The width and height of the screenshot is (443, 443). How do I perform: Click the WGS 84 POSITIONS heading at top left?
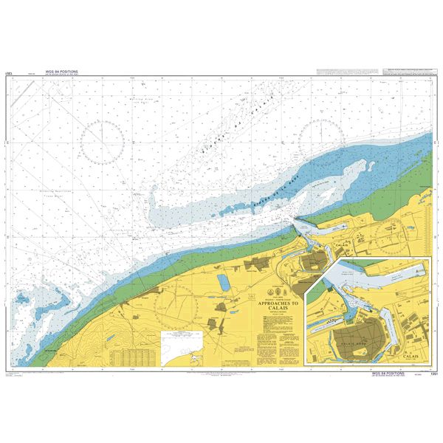(61, 72)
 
